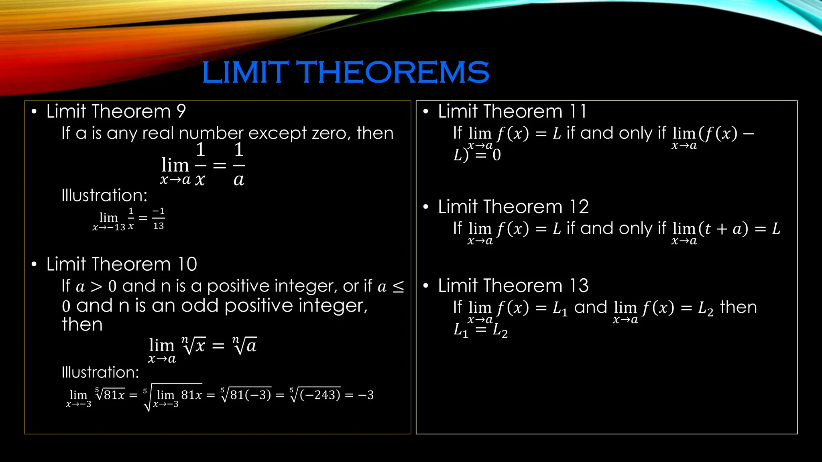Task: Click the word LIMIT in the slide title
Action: click(x=245, y=73)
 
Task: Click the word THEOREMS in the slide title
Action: click(x=395, y=73)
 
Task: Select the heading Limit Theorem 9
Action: click(x=116, y=111)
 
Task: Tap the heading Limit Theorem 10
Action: click(x=122, y=264)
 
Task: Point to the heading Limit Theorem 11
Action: click(x=512, y=111)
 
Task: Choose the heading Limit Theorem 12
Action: click(x=513, y=207)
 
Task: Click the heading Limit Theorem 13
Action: click(x=513, y=286)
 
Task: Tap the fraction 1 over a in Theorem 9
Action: click(x=239, y=165)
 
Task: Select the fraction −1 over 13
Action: click(x=159, y=219)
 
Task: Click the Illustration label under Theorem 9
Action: click(x=104, y=196)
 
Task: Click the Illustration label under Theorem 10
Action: click(x=100, y=373)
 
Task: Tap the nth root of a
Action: click(x=244, y=345)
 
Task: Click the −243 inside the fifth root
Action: click(x=320, y=395)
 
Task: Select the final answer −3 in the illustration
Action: click(x=366, y=395)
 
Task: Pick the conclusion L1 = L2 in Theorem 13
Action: click(x=480, y=330)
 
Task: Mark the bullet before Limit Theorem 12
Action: click(x=426, y=207)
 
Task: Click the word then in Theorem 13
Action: click(x=738, y=308)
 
